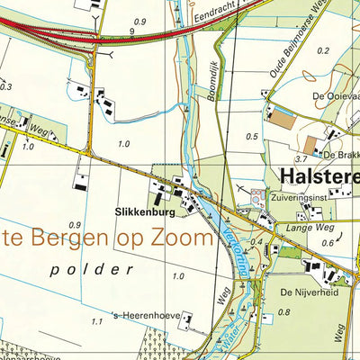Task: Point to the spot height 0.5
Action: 252,136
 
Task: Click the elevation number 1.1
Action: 96,320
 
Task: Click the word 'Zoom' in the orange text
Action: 183,238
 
